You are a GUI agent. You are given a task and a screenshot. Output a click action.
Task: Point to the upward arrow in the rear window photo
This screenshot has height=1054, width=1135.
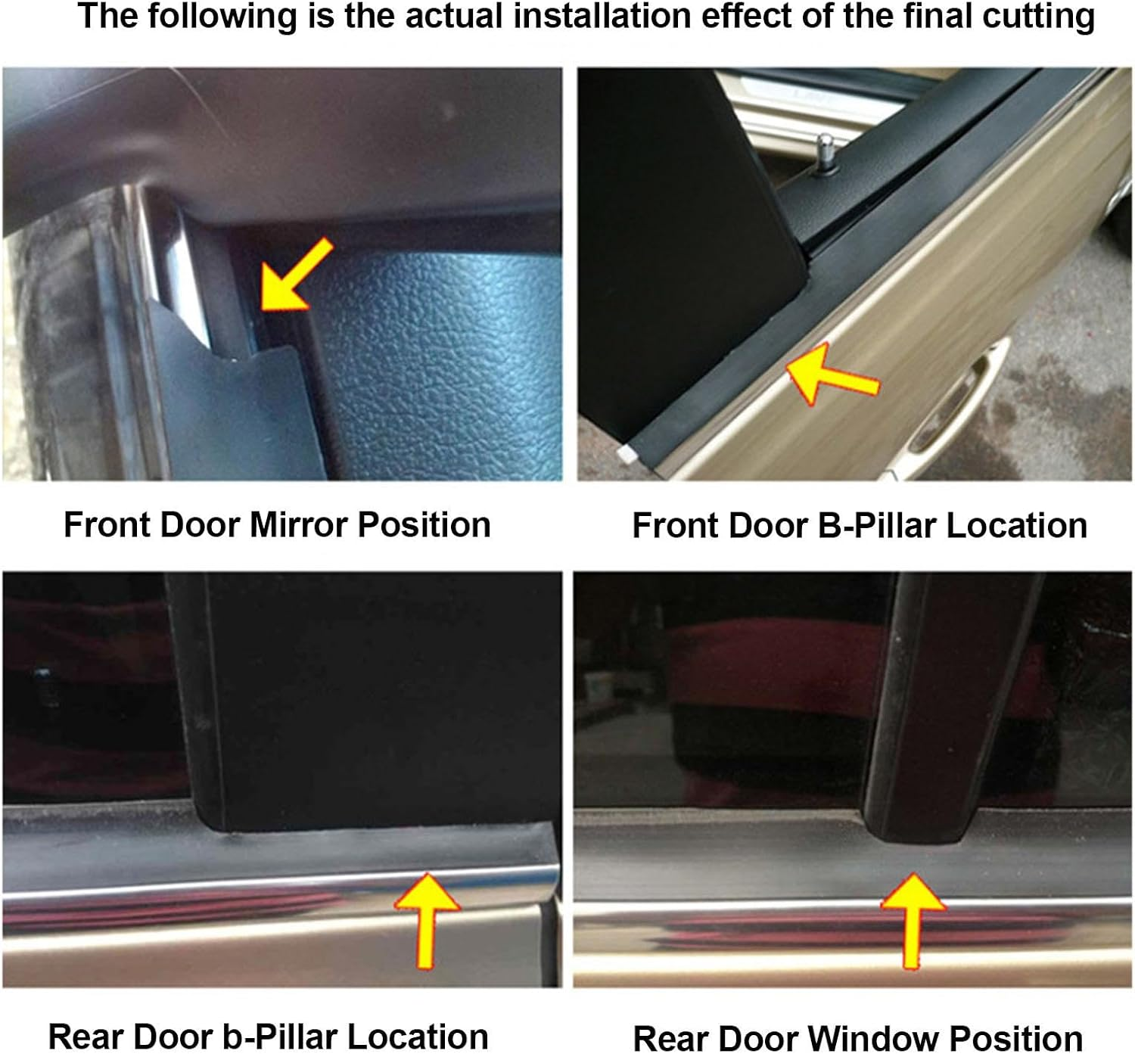913,918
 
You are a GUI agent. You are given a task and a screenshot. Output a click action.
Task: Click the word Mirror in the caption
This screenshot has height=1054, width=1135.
299,524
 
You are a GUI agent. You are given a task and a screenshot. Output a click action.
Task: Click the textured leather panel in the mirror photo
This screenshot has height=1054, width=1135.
446,356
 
